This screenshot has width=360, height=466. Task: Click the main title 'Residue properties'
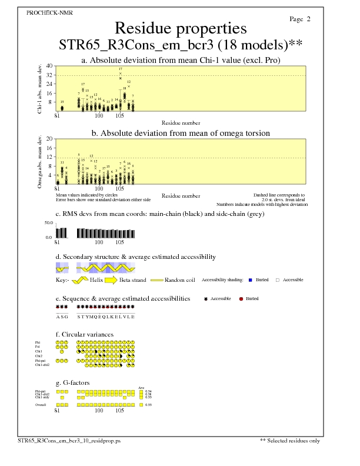click(x=180, y=28)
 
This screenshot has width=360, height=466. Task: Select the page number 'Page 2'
click(x=300, y=19)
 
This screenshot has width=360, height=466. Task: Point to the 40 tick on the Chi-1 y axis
click(x=50, y=66)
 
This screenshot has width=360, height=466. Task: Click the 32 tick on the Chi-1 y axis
click(x=50, y=75)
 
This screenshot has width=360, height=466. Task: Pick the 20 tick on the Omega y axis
click(x=50, y=139)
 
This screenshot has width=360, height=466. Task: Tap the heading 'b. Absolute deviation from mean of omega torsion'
click(x=180, y=134)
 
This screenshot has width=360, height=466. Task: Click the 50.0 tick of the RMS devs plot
click(x=49, y=224)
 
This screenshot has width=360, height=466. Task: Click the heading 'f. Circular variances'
click(x=84, y=334)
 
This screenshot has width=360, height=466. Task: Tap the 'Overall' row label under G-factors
click(x=40, y=405)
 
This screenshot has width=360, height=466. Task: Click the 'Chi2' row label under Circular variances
click(x=38, y=355)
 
